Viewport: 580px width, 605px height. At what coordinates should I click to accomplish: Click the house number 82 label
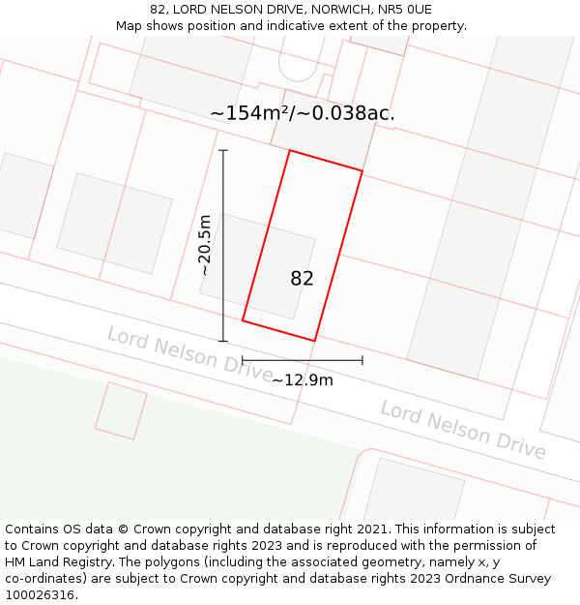point(302,279)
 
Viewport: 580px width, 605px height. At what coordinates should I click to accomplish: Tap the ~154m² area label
point(254,113)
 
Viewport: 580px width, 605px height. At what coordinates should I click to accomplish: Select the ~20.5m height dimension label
point(205,246)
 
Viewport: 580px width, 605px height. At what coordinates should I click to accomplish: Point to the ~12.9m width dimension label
point(303,380)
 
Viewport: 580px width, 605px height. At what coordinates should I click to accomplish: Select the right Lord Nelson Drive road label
point(462,429)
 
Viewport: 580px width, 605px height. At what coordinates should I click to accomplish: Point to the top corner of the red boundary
point(289,151)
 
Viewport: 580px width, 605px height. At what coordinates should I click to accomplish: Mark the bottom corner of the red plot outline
point(314,341)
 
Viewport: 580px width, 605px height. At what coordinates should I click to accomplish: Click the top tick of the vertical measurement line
point(223,151)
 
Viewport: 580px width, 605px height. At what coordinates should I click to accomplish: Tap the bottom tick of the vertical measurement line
point(223,341)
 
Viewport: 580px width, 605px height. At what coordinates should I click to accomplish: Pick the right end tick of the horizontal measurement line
point(362,360)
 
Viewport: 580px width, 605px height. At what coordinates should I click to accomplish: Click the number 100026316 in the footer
point(39,595)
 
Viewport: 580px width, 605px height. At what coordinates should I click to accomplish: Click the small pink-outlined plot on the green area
point(121,410)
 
